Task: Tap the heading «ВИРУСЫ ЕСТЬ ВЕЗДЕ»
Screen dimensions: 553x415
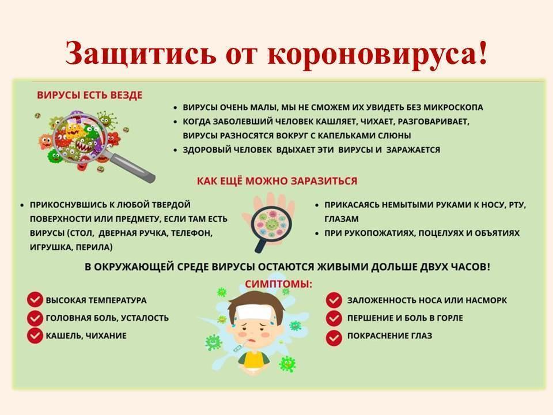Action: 90,95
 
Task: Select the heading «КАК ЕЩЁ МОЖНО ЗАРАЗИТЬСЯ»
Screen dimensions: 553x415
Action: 277,181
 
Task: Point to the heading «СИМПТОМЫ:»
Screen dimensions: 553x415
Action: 279,284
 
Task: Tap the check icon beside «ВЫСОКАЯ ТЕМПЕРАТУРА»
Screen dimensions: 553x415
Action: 35,300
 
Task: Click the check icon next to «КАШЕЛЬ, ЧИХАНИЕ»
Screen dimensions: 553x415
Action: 35,335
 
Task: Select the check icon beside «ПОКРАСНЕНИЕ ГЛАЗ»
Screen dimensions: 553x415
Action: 334,338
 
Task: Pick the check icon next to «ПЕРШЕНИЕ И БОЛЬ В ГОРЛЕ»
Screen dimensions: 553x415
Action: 334,318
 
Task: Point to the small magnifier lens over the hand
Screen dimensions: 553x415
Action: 271,224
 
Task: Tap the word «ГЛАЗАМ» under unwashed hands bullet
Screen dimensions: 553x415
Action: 342,219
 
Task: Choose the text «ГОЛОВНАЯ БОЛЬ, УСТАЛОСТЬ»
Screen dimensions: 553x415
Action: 107,318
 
